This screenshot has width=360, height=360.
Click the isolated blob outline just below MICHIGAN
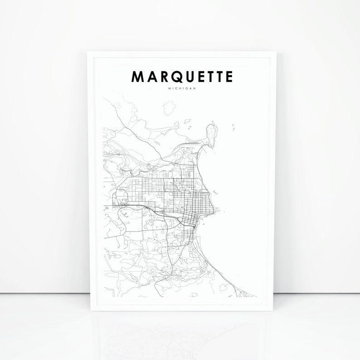[x=169, y=108]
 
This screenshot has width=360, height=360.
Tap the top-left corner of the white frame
[x=88, y=52]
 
